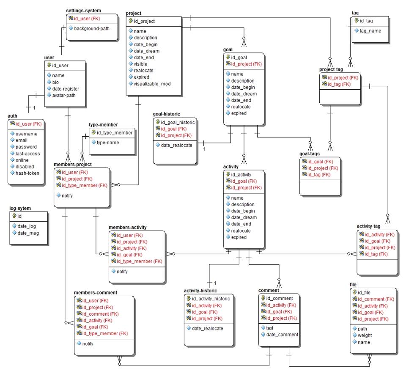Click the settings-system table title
point(84,10)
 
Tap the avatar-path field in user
point(65,95)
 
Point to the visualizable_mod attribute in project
point(152,84)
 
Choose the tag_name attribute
point(371,30)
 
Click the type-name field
point(108,143)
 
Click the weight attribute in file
point(365,335)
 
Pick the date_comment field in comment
point(282,335)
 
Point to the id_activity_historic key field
point(210,299)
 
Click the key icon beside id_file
point(354,292)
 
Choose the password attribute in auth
point(26,147)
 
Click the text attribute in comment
point(270,328)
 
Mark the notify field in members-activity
point(122,272)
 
